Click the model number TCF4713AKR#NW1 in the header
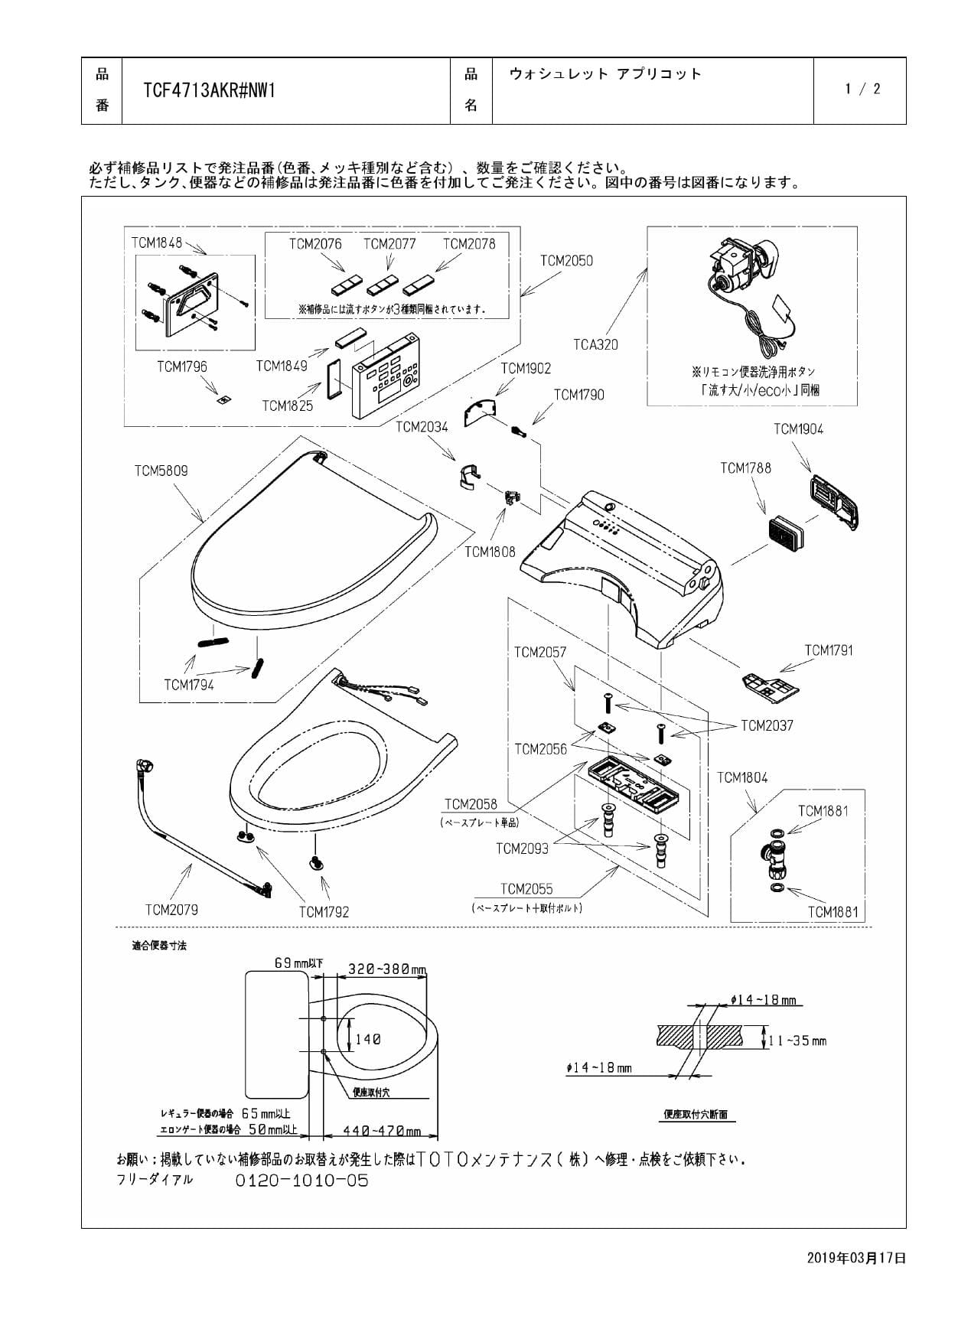[x=209, y=91]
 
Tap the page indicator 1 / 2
[x=862, y=89]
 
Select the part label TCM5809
[x=161, y=471]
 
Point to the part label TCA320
[x=595, y=344]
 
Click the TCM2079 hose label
[x=171, y=910]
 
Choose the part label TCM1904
[x=798, y=429]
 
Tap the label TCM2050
[x=566, y=261]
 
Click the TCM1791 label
[x=828, y=650]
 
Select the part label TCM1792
[x=324, y=912]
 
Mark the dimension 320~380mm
[x=386, y=969]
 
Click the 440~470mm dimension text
[x=381, y=1131]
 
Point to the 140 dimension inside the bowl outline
[x=367, y=1039]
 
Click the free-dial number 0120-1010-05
[x=301, y=1181]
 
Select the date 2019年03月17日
[x=856, y=1257]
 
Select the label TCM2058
[x=471, y=804]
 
